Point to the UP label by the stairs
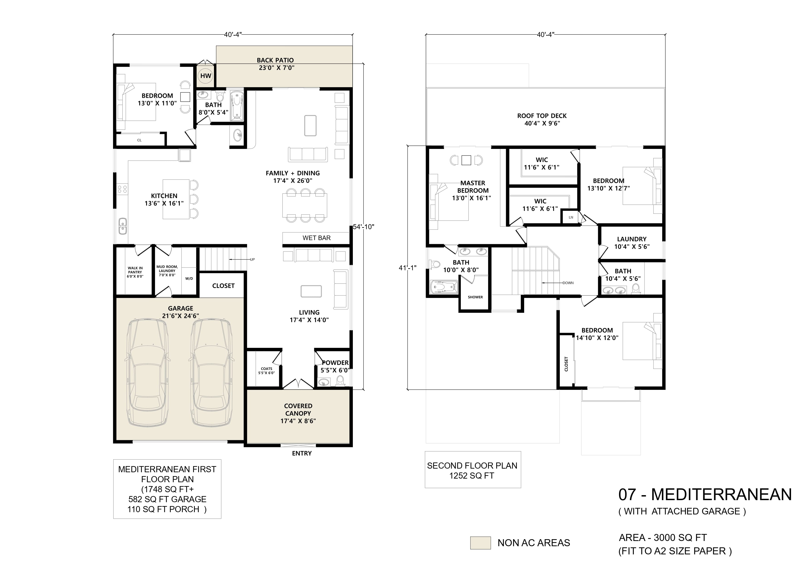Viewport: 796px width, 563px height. point(252,259)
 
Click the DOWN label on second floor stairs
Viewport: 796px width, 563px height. point(568,283)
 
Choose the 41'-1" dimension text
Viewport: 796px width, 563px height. point(407,268)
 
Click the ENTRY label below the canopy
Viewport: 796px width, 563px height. point(302,453)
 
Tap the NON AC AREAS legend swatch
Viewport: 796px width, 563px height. point(480,543)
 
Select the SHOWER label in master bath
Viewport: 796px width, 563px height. point(475,297)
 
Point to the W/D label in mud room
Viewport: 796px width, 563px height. point(189,278)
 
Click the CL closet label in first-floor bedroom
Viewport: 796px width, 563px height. point(139,140)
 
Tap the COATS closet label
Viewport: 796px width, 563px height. point(266,371)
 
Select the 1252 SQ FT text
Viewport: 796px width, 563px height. point(472,476)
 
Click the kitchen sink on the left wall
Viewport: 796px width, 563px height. point(122,226)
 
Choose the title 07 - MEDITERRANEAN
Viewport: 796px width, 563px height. point(705,494)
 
